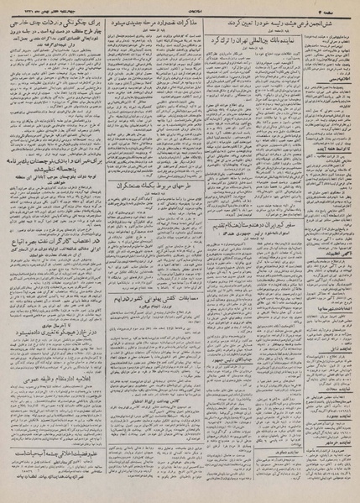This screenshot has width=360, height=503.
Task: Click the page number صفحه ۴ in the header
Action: coord(339,8)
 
